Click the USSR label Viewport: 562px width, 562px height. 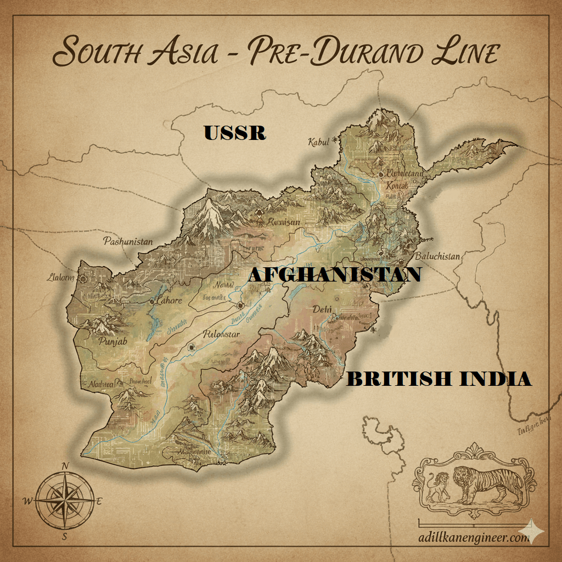click(x=235, y=133)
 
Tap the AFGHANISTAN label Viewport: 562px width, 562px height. click(x=334, y=274)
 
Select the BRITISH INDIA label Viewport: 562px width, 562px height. click(x=439, y=379)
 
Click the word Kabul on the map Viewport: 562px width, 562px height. click(x=319, y=143)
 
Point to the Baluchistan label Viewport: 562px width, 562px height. click(x=437, y=256)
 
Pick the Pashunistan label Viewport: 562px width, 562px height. click(x=128, y=241)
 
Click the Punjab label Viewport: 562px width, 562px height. click(x=113, y=342)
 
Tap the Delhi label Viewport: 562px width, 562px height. click(x=322, y=310)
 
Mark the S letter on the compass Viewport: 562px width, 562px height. click(x=65, y=537)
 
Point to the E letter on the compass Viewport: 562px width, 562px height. click(x=99, y=501)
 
